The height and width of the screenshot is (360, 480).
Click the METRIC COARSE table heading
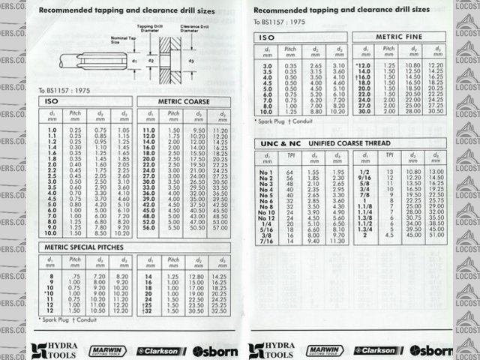[183, 101]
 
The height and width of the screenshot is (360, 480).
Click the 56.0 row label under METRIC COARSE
[148, 226]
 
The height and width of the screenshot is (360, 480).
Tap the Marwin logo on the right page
[323, 349]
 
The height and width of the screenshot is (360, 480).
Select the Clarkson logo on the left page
[160, 350]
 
